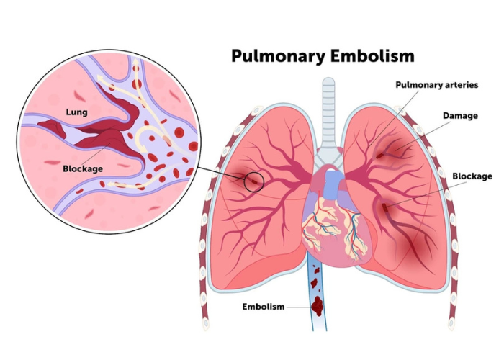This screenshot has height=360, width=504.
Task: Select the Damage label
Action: tap(459, 115)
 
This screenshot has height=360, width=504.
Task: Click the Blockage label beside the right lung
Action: tap(472, 176)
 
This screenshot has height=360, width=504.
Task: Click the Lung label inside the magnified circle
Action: tap(76, 112)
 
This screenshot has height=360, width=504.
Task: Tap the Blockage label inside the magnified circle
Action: tap(82, 168)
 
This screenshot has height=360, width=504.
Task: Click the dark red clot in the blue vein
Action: tap(318, 307)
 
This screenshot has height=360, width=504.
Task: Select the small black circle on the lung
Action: tap(253, 181)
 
